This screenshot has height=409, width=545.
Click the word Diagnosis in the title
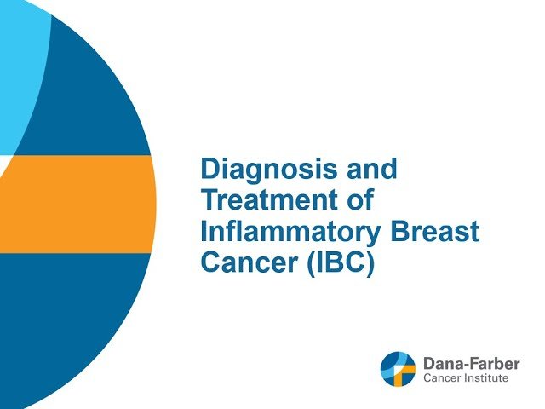260,170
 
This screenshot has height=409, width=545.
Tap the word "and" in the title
370,170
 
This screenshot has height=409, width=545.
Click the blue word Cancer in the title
239,262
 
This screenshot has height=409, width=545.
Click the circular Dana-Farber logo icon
399,369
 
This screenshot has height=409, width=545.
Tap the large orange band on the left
77,204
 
